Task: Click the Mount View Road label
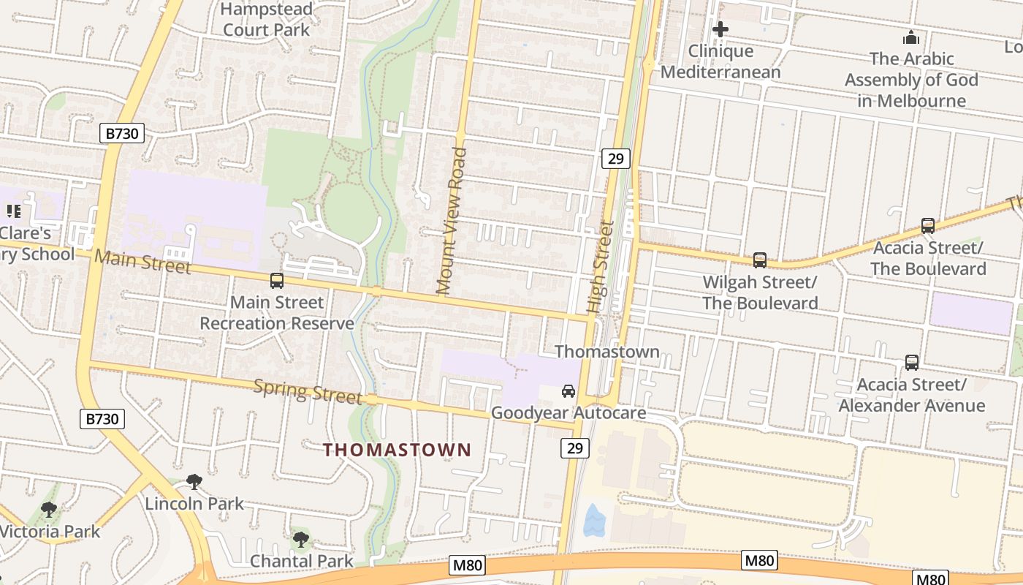[452, 221]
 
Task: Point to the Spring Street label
[307, 391]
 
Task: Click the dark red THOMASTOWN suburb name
[398, 450]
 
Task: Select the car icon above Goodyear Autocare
[568, 391]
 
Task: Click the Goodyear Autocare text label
[568, 413]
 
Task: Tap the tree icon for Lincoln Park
[194, 481]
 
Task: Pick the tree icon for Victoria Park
[49, 509]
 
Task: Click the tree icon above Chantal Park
[300, 540]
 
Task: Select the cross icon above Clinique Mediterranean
[720, 29]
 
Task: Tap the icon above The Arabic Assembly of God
[911, 37]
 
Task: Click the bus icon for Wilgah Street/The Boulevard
[760, 260]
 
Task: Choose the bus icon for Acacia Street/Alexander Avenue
[911, 362]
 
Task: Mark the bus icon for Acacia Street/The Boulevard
[928, 225]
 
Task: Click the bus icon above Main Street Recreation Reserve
[276, 280]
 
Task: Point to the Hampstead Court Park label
[266, 20]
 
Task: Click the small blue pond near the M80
[594, 521]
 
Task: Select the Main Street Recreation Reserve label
[277, 313]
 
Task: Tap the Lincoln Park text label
[194, 504]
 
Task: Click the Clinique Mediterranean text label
[720, 61]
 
